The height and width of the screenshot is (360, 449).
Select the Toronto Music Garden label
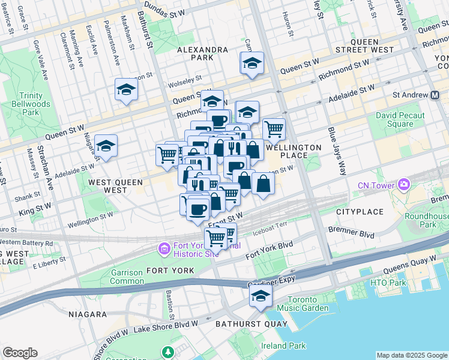pos(307,304)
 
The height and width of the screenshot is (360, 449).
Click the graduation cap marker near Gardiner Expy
pos(261,295)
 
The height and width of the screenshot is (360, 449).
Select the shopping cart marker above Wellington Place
pos(274,127)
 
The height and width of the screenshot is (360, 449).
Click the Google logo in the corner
pos(20,353)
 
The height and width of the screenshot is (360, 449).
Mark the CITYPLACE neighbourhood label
pos(360,212)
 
